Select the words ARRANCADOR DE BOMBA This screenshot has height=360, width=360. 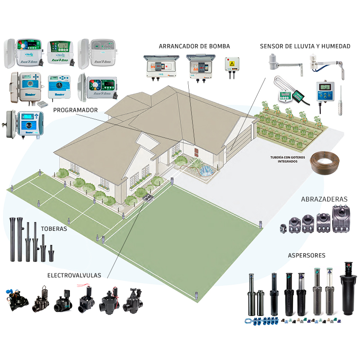(x=194, y=46)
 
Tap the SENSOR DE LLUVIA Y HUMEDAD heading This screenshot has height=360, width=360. (x=305, y=46)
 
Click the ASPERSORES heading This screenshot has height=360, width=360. (x=306, y=255)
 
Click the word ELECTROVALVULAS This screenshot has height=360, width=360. (x=74, y=275)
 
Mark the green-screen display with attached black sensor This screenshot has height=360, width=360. (x=286, y=93)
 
